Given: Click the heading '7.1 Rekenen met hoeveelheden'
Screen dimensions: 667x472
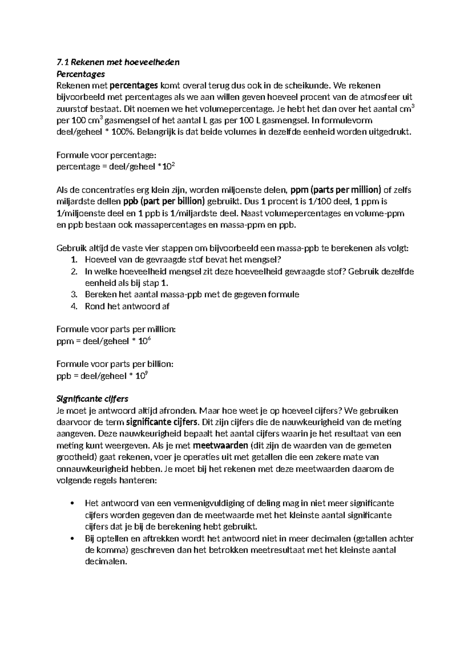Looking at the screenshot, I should point(118,62).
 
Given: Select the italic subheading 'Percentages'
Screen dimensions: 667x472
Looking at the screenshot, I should point(81,74).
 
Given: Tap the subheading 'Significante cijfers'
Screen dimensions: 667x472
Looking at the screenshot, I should point(92,399).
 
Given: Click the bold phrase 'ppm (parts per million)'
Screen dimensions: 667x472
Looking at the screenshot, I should point(336,190).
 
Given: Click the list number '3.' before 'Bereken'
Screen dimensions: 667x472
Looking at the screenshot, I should point(74,295).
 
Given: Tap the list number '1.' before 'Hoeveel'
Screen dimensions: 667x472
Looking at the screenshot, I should point(74,260).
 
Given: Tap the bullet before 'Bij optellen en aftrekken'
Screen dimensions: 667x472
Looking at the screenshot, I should point(71,539).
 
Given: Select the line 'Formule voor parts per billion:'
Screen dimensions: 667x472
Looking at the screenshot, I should point(115,364).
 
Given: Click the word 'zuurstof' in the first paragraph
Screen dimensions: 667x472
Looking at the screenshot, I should point(71,109).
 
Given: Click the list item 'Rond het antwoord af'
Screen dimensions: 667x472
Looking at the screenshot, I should point(127,306).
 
